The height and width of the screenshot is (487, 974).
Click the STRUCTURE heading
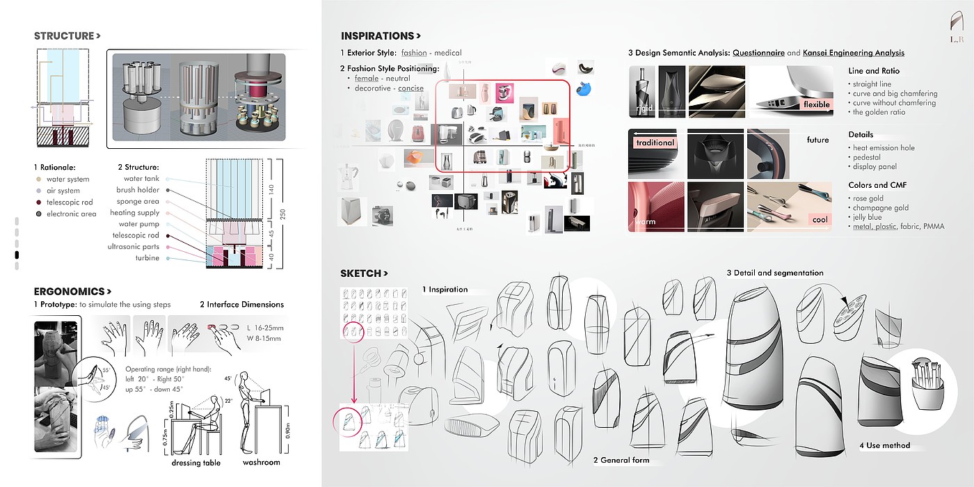click(67, 36)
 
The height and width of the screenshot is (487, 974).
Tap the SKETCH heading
click(364, 273)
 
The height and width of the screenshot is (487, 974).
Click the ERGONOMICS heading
click(72, 292)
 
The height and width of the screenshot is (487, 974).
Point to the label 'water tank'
click(142, 179)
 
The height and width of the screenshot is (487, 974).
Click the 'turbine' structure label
click(147, 258)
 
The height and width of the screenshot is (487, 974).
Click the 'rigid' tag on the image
click(644, 109)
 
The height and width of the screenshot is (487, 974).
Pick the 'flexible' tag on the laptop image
click(817, 105)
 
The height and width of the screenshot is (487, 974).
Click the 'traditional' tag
click(655, 143)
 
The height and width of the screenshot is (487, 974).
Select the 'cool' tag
click(820, 220)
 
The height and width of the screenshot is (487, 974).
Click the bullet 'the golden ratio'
click(879, 112)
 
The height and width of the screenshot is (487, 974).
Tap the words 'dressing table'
click(196, 463)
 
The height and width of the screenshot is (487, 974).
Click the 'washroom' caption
click(261, 462)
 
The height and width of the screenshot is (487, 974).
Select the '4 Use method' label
click(884, 445)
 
